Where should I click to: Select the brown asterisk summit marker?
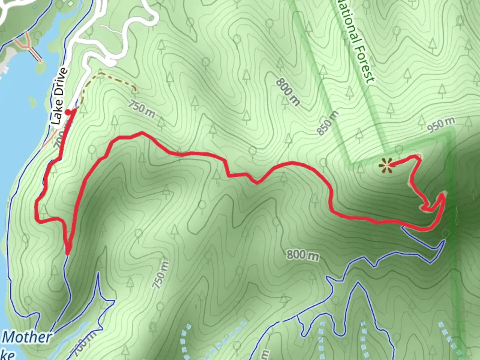coord(386,165)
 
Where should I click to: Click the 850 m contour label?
coord(327,123)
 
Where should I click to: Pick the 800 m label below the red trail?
coord(303,255)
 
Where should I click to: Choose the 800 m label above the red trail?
coord(287,92)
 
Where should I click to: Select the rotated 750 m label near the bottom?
coord(160,275)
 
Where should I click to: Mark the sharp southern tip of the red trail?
coord(68,253)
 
